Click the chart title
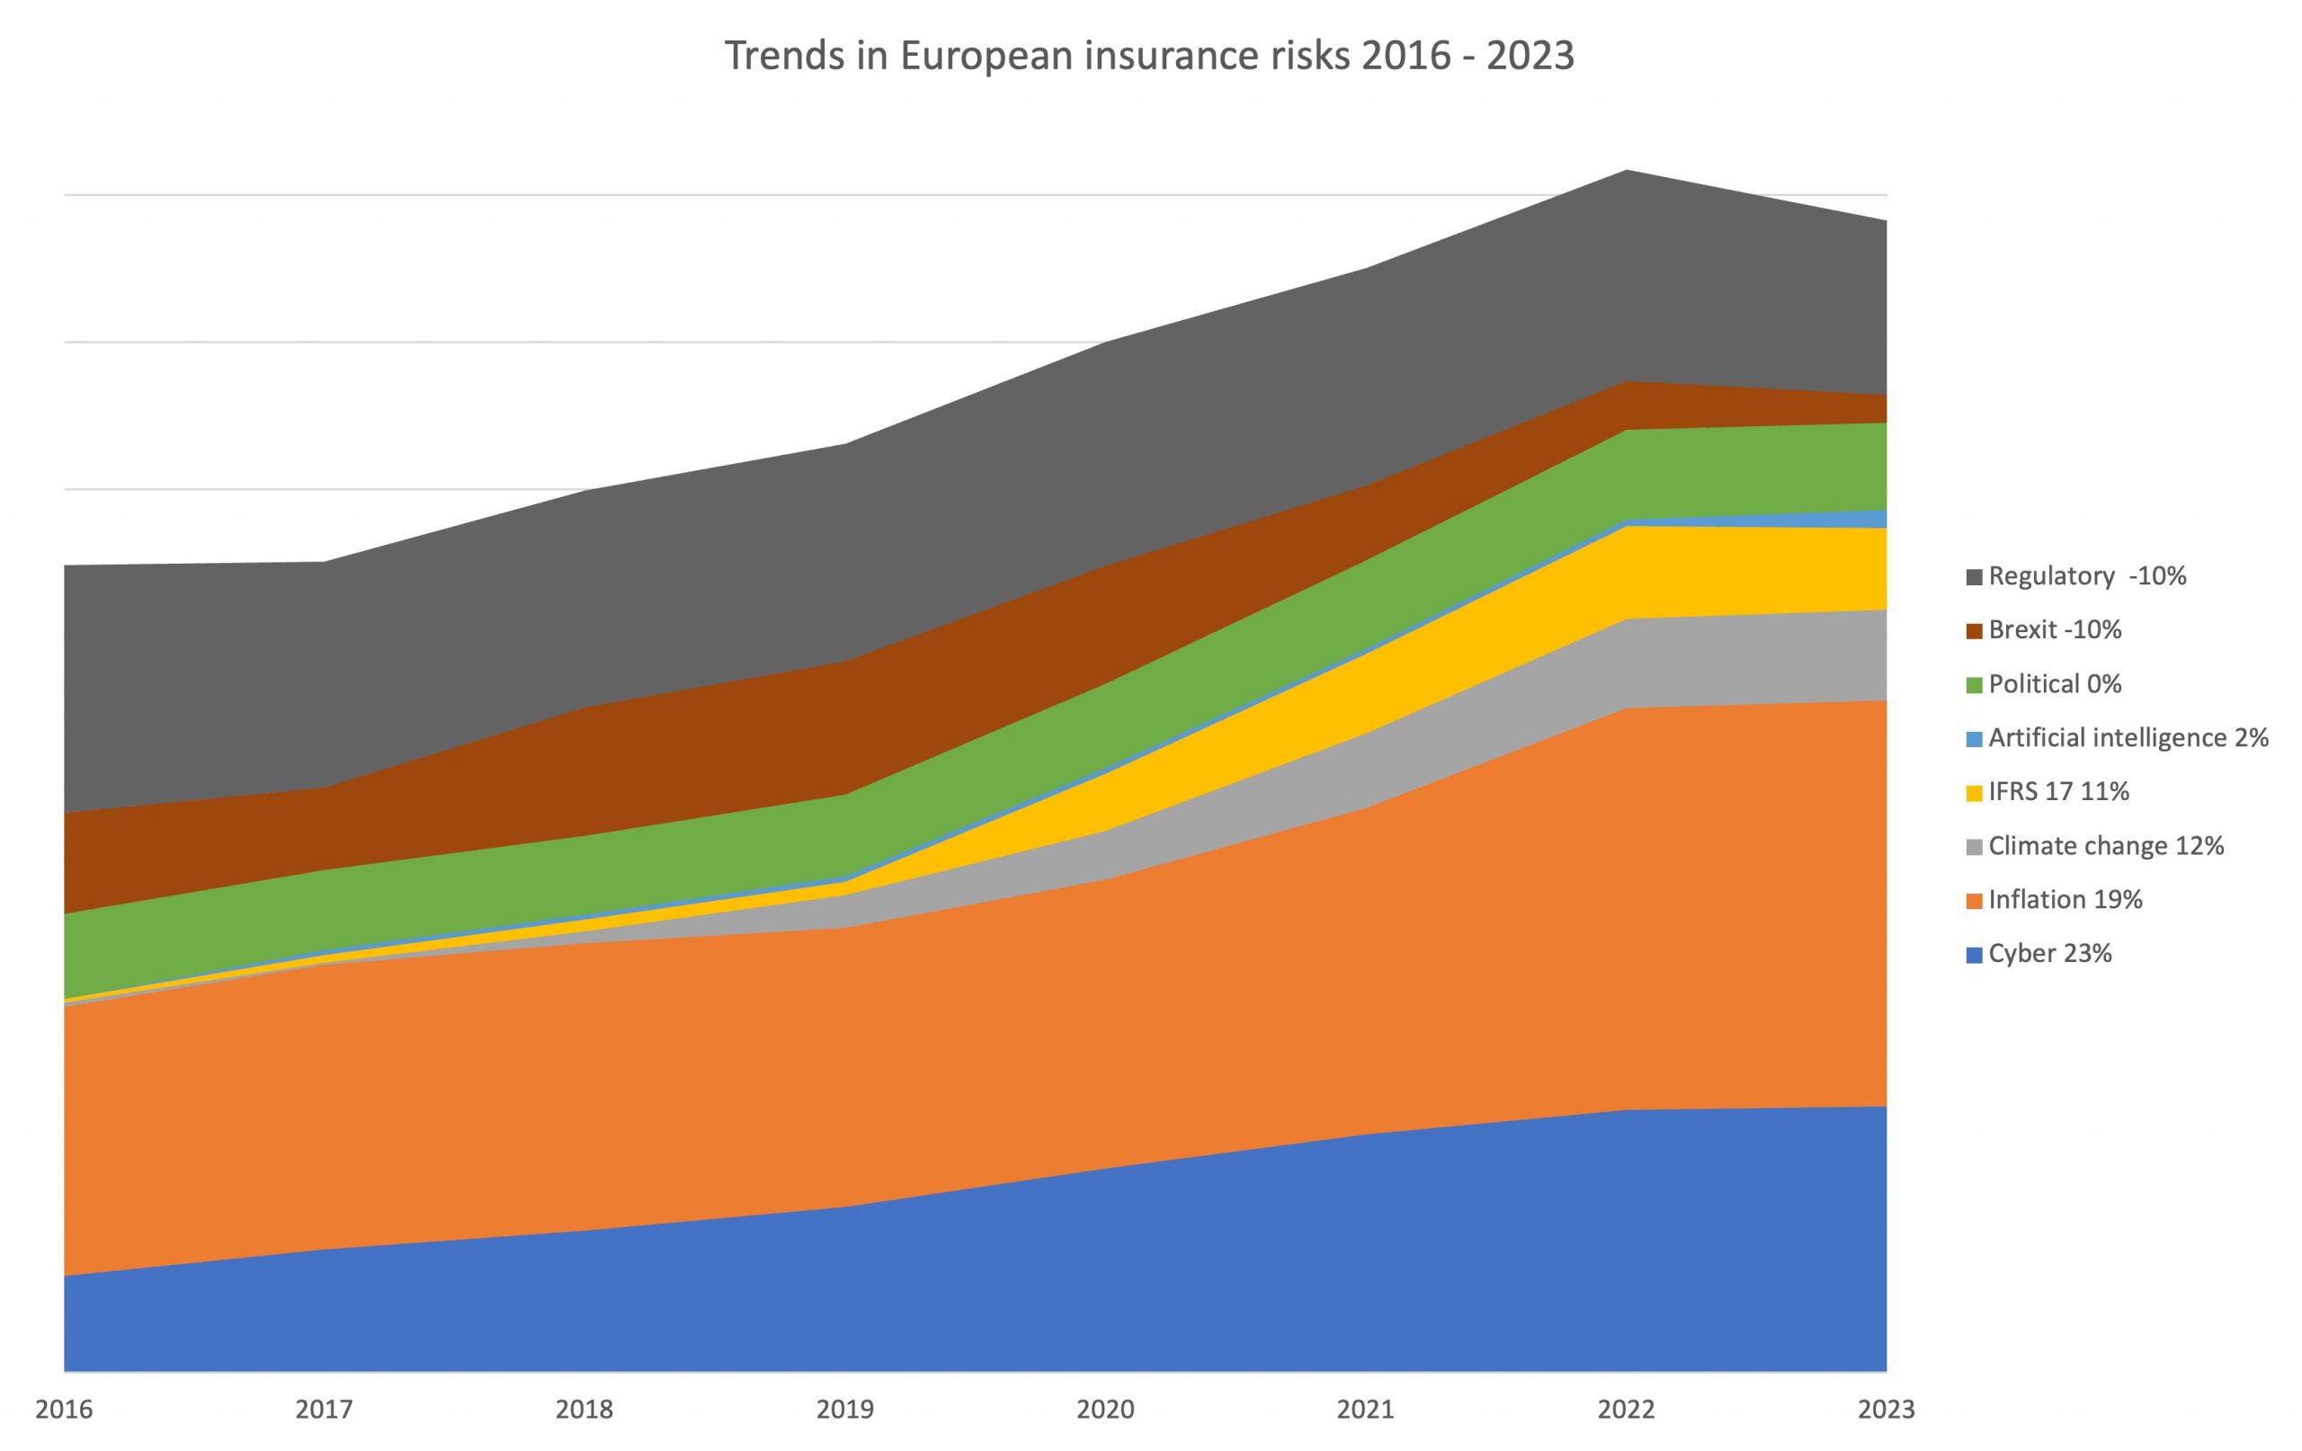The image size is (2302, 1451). pyautogui.click(x=1149, y=56)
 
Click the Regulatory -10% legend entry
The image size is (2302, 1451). pyautogui.click(x=2087, y=576)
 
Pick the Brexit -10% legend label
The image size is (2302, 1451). pyautogui.click(x=2055, y=630)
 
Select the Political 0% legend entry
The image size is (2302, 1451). pyautogui.click(x=2055, y=684)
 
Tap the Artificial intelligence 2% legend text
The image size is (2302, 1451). pyautogui.click(x=2128, y=738)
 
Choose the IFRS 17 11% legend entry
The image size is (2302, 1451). pyautogui.click(x=2058, y=791)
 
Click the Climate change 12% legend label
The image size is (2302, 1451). pyautogui.click(x=2106, y=846)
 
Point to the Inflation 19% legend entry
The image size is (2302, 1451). pyautogui.click(x=2065, y=900)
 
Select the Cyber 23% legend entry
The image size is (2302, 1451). pyautogui.click(x=2049, y=954)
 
